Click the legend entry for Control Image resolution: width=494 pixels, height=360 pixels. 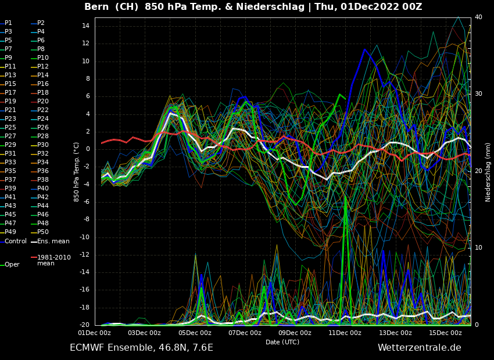(x=16, y=241)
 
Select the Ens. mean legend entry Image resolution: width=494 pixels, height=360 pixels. (x=53, y=241)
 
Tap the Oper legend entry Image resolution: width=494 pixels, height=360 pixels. (x=12, y=264)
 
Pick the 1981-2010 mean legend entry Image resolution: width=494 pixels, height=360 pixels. (x=53, y=260)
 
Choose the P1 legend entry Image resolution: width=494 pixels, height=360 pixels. (x=8, y=23)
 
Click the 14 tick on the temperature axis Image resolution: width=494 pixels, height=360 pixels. (x=85, y=26)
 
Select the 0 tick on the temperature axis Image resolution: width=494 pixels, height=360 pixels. (x=87, y=149)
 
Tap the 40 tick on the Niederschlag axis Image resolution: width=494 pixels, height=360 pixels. (x=478, y=17)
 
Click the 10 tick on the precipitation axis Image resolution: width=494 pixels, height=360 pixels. (x=478, y=248)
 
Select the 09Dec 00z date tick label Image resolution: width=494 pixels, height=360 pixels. (x=295, y=333)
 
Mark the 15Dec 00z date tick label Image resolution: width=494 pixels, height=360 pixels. (x=445, y=333)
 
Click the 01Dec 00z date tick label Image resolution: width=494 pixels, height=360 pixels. (x=95, y=333)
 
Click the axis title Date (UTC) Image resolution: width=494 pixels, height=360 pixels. (x=282, y=342)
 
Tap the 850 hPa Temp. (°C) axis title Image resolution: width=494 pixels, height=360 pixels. (x=77, y=172)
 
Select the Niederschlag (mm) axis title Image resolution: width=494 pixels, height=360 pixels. (x=488, y=172)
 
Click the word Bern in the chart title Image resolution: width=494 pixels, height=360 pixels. (x=96, y=7)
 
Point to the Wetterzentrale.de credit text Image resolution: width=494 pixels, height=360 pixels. (x=419, y=348)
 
